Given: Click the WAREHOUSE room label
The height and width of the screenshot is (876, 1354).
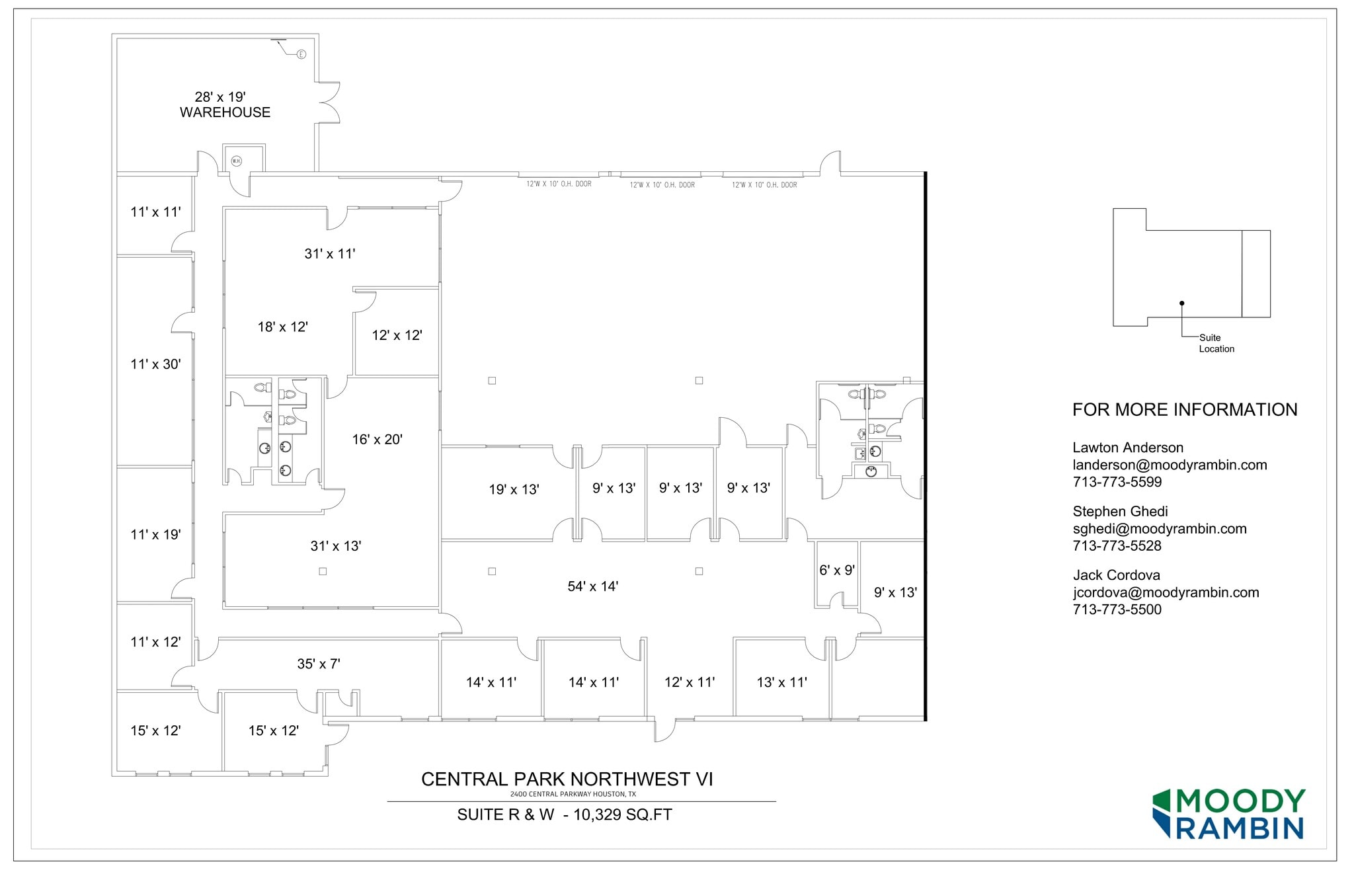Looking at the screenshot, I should coord(225,112).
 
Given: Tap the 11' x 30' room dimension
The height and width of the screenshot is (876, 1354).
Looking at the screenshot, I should coord(155,364).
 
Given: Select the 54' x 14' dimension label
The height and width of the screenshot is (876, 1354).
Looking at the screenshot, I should coord(592,586).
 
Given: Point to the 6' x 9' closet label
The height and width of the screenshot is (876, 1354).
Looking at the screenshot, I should coord(836,570).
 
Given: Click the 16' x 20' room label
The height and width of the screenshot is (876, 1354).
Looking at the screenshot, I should coord(377,440).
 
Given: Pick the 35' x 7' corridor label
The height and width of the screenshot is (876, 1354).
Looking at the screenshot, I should coord(318,664).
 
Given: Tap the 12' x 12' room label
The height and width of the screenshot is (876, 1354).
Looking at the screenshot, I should coord(397,335).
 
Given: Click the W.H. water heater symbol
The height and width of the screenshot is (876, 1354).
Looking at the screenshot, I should coord(236,161).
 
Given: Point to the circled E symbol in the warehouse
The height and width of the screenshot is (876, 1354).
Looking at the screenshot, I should coord(301,54).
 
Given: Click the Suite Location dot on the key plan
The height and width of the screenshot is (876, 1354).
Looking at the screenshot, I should coord(1181,303).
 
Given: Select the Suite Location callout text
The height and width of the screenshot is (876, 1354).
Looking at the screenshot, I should coord(1216,343).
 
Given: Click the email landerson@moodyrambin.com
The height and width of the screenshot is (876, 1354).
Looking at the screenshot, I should coord(1170,465).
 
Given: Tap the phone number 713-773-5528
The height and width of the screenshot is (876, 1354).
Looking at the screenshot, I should coord(1117,546).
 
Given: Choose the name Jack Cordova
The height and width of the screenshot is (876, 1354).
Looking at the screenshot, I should coord(1116,575).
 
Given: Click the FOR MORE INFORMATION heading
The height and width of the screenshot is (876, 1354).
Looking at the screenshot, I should coord(1184,410).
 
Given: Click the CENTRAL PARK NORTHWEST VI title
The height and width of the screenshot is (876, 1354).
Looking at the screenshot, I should coord(567,779).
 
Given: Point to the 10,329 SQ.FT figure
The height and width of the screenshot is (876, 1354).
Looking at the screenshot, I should coord(622,815).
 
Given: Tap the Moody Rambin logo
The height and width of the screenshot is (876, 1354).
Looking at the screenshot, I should coord(1228,814).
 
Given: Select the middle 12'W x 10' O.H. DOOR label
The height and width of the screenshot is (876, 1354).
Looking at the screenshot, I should coord(662,185).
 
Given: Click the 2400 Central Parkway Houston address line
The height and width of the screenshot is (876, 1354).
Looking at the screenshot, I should coord(573,794).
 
